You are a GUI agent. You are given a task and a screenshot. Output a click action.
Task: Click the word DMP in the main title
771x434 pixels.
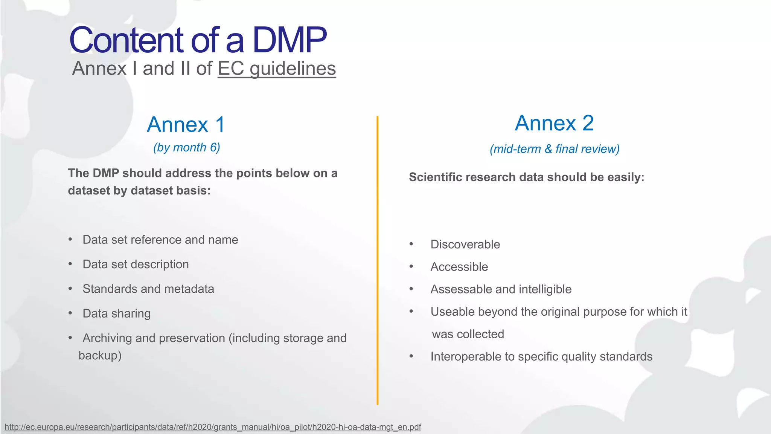tap(289, 40)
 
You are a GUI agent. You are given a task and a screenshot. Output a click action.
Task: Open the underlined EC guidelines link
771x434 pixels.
tap(277, 69)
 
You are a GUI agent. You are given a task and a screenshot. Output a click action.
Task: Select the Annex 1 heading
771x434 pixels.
tap(186, 125)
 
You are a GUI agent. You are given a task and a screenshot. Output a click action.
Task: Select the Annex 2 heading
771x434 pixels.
tap(554, 123)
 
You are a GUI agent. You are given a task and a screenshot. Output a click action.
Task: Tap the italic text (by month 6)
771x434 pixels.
tap(186, 147)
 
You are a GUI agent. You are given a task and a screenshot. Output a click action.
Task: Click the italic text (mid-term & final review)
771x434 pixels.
tap(554, 149)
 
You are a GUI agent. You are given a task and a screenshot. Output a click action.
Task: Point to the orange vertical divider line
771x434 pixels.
tap(377, 260)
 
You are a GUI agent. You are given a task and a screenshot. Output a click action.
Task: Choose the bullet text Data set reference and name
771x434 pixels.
tap(160, 240)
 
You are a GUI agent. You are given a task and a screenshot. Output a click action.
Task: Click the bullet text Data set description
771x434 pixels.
tap(136, 264)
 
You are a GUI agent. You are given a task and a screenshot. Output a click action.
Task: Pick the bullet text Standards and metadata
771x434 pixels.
tap(148, 289)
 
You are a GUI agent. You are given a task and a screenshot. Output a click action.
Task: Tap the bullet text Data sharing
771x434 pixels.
tap(116, 313)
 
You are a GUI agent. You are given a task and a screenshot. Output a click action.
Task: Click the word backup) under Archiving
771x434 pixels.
tap(100, 356)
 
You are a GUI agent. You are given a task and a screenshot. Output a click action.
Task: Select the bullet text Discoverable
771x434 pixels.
tap(465, 245)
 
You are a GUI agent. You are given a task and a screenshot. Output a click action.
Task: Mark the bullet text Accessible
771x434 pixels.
tap(459, 267)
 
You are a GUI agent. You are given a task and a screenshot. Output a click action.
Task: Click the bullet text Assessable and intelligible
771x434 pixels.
tap(501, 289)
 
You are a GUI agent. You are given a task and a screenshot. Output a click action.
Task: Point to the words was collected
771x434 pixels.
tap(468, 334)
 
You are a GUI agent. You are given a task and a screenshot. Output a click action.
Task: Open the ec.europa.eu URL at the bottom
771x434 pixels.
tap(213, 427)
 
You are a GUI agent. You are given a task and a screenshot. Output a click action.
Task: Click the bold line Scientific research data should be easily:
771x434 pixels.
tap(526, 177)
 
